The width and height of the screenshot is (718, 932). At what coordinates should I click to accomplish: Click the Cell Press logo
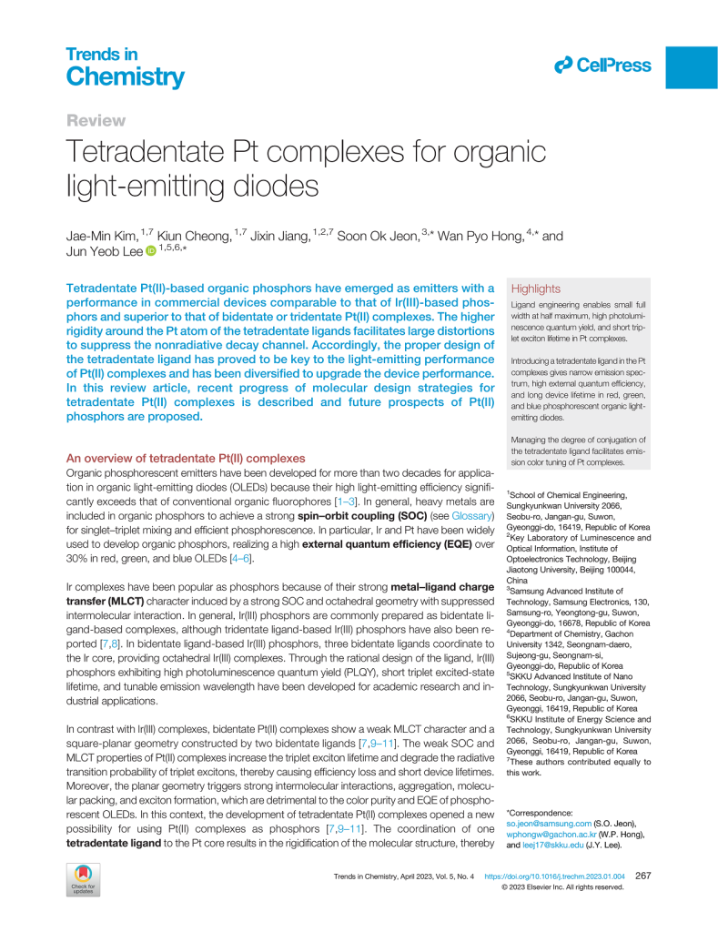pyautogui.click(x=603, y=65)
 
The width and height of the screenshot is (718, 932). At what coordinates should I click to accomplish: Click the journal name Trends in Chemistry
pyautogui.click(x=125, y=68)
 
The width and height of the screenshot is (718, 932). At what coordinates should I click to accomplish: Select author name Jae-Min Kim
pyautogui.click(x=98, y=237)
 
